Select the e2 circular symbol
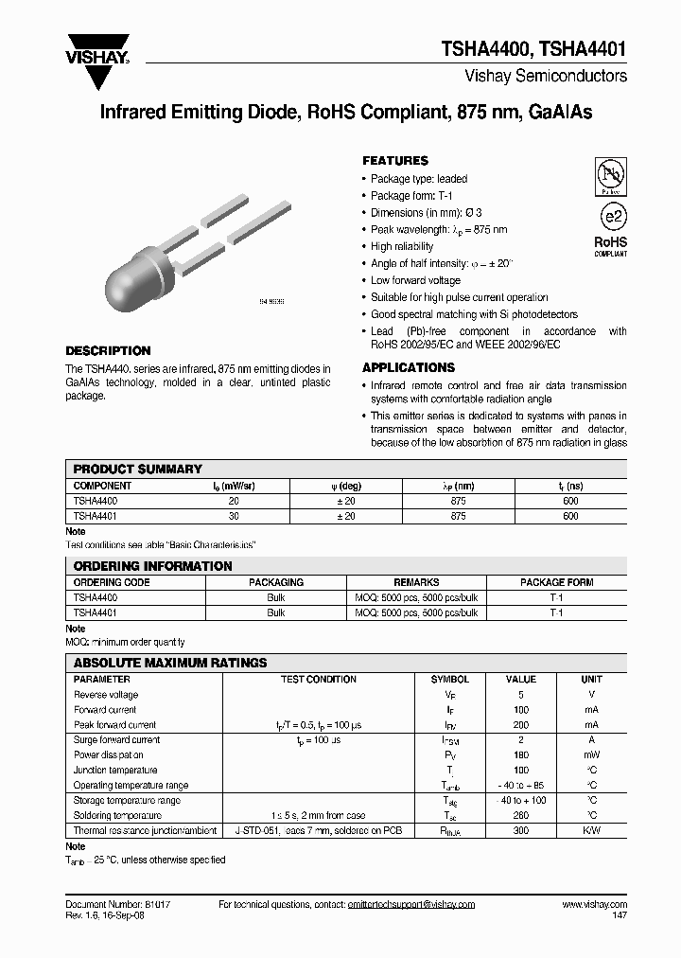(x=612, y=216)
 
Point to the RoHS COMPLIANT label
(x=610, y=247)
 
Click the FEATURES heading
(x=395, y=161)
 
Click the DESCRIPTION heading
(x=108, y=350)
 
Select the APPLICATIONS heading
(x=409, y=367)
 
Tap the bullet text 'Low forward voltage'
(x=415, y=280)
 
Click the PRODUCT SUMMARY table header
(x=138, y=469)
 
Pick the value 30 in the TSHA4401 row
(x=234, y=516)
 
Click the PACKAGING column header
(x=275, y=582)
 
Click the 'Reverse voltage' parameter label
(x=106, y=694)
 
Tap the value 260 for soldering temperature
(x=520, y=815)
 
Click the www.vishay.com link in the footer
(x=594, y=905)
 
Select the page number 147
(x=619, y=917)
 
